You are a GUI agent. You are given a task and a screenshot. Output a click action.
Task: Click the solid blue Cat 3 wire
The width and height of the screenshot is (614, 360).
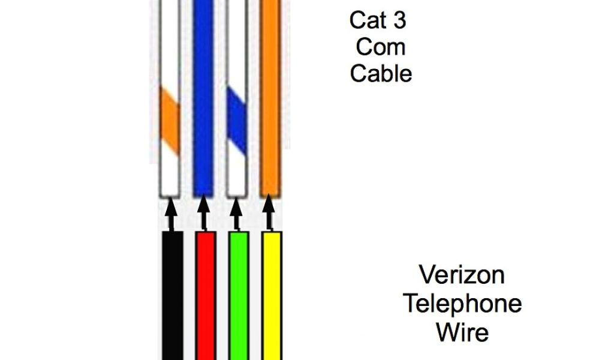(x=203, y=96)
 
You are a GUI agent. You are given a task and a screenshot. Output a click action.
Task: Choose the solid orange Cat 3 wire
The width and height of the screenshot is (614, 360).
(x=269, y=96)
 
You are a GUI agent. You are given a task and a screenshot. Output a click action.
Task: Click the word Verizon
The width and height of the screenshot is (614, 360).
(x=461, y=275)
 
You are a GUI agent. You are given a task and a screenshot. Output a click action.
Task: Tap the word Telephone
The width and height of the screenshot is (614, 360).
(x=461, y=304)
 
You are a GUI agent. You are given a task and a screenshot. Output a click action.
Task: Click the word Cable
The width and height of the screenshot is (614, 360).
(x=381, y=74)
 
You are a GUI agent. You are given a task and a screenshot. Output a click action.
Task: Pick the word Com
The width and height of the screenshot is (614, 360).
(x=381, y=47)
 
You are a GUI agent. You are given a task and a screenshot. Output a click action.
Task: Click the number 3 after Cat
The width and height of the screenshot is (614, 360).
(x=399, y=20)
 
